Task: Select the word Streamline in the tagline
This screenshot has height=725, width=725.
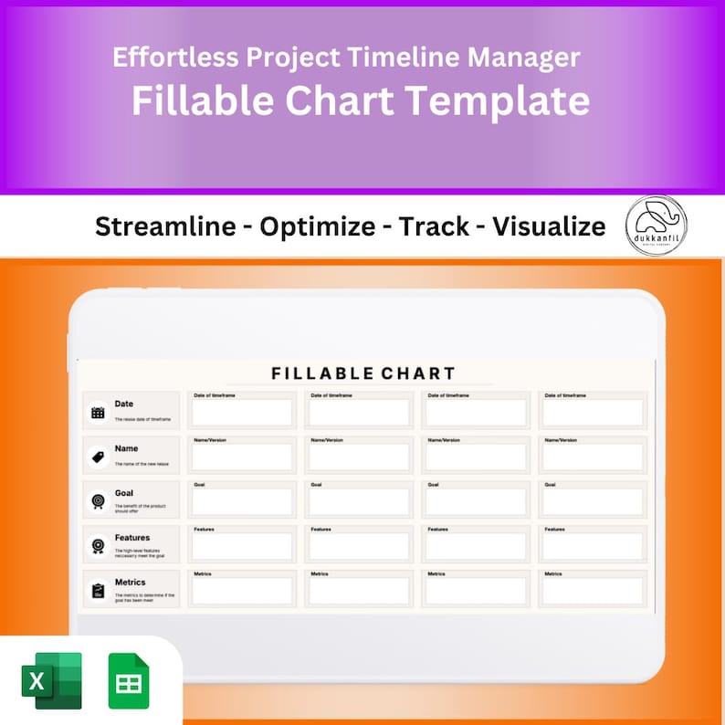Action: (165, 226)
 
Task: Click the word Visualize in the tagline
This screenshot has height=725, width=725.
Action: (549, 226)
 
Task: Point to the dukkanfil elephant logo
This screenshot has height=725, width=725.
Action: (657, 225)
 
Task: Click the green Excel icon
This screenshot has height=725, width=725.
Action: (51, 680)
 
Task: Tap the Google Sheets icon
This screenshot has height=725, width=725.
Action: (129, 680)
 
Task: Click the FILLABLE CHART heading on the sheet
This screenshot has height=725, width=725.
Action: (363, 373)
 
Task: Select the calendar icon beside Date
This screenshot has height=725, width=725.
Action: (98, 412)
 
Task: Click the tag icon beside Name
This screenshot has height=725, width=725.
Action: (98, 457)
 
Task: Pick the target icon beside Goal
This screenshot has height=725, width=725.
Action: (98, 501)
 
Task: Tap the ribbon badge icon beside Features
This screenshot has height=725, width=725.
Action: (98, 546)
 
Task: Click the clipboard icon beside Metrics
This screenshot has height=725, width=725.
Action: (98, 591)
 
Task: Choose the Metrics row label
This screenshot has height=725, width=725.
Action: (131, 582)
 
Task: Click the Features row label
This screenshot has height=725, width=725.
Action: (132, 538)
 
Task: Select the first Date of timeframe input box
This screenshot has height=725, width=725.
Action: (242, 413)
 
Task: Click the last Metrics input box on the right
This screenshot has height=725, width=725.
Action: (593, 592)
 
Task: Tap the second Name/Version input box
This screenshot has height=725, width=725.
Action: (359, 457)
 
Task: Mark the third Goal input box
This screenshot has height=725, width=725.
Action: (476, 502)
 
